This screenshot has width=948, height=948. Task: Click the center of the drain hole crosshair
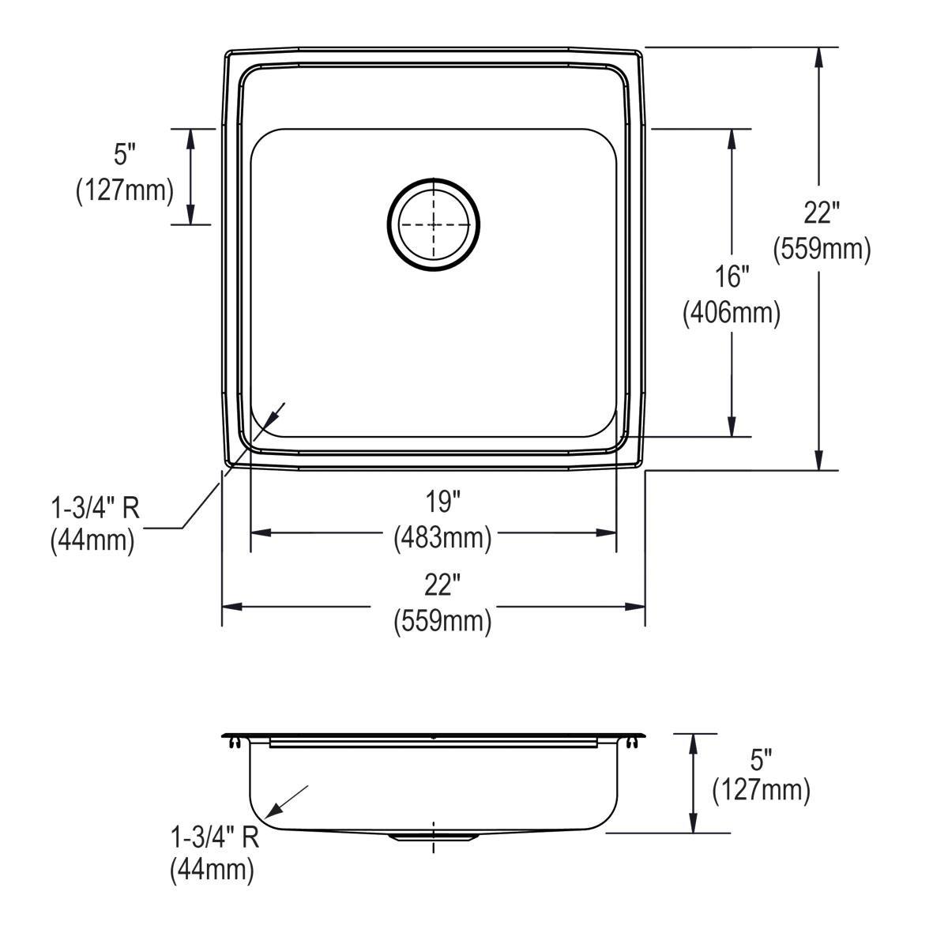tap(434, 225)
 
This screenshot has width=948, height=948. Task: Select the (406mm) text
tap(732, 313)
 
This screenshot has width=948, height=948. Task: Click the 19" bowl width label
tap(442, 502)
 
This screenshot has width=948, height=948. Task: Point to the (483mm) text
tap(442, 538)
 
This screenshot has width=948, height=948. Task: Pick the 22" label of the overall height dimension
tap(821, 213)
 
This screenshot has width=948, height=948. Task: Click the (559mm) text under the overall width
tap(442, 622)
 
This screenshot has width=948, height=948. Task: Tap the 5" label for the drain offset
tap(125, 155)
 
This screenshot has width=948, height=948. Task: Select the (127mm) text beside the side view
tap(761, 791)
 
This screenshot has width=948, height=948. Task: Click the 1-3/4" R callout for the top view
tap(96, 508)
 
